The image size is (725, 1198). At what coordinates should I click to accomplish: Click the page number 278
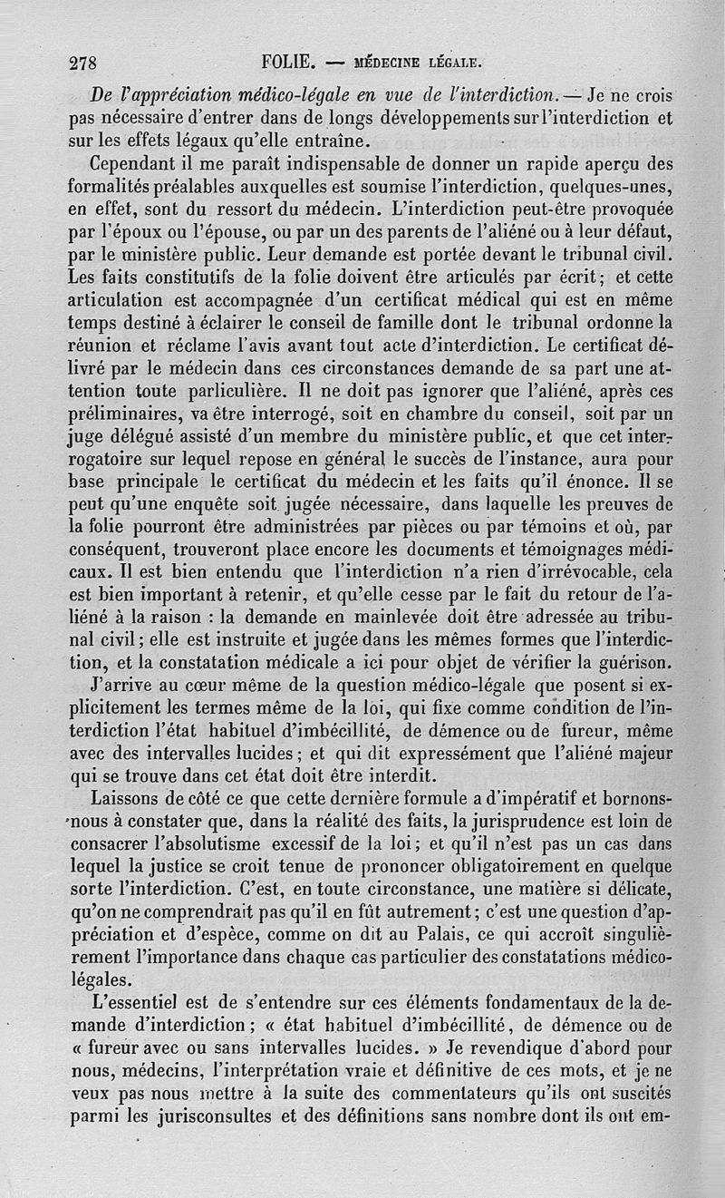pyautogui.click(x=86, y=63)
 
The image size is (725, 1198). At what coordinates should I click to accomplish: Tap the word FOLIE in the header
pyautogui.click(x=286, y=63)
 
